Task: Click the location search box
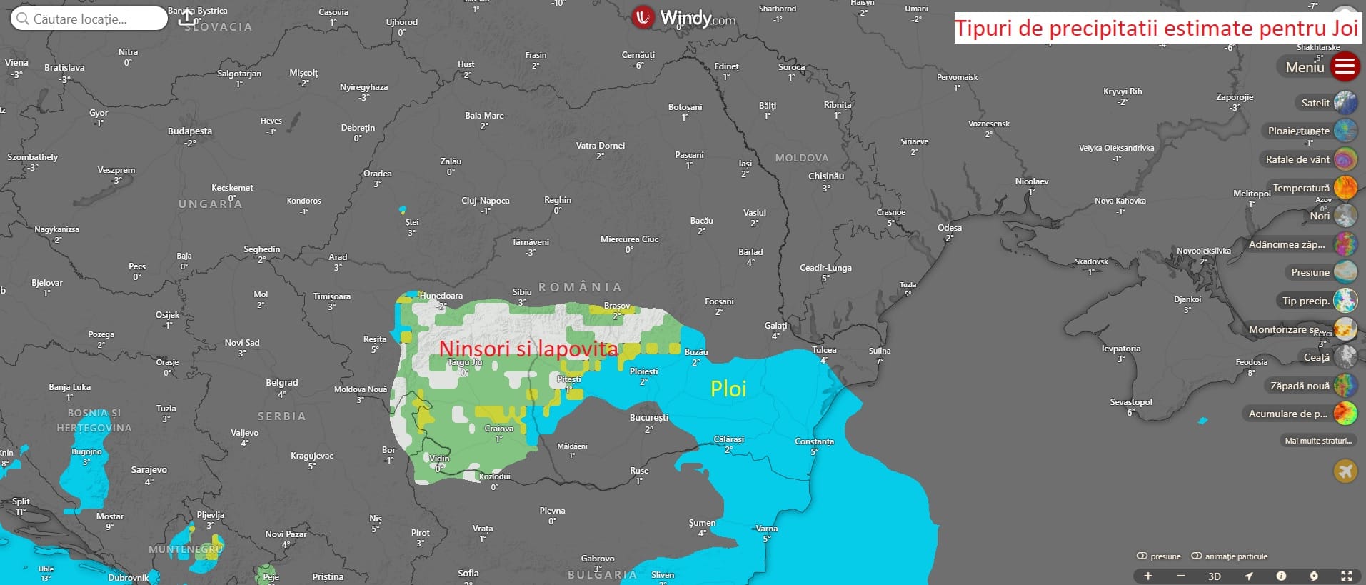tap(89, 19)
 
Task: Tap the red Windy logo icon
tap(643, 17)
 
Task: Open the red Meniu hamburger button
tap(1345, 67)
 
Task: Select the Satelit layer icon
tap(1345, 103)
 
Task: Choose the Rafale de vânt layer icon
tap(1345, 159)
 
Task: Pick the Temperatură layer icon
tap(1345, 188)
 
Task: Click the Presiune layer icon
tap(1345, 272)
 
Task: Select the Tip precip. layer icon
tap(1345, 301)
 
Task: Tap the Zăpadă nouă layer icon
tap(1345, 386)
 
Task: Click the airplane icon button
tap(1345, 471)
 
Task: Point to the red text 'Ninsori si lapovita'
tap(528, 349)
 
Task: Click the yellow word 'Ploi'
tap(728, 389)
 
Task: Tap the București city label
tap(648, 418)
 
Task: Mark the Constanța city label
tap(814, 441)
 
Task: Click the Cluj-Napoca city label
tap(485, 201)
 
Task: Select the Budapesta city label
tap(189, 131)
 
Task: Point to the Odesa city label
tap(949, 228)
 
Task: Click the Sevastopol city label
tap(1130, 402)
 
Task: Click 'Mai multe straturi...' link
tap(1318, 441)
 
